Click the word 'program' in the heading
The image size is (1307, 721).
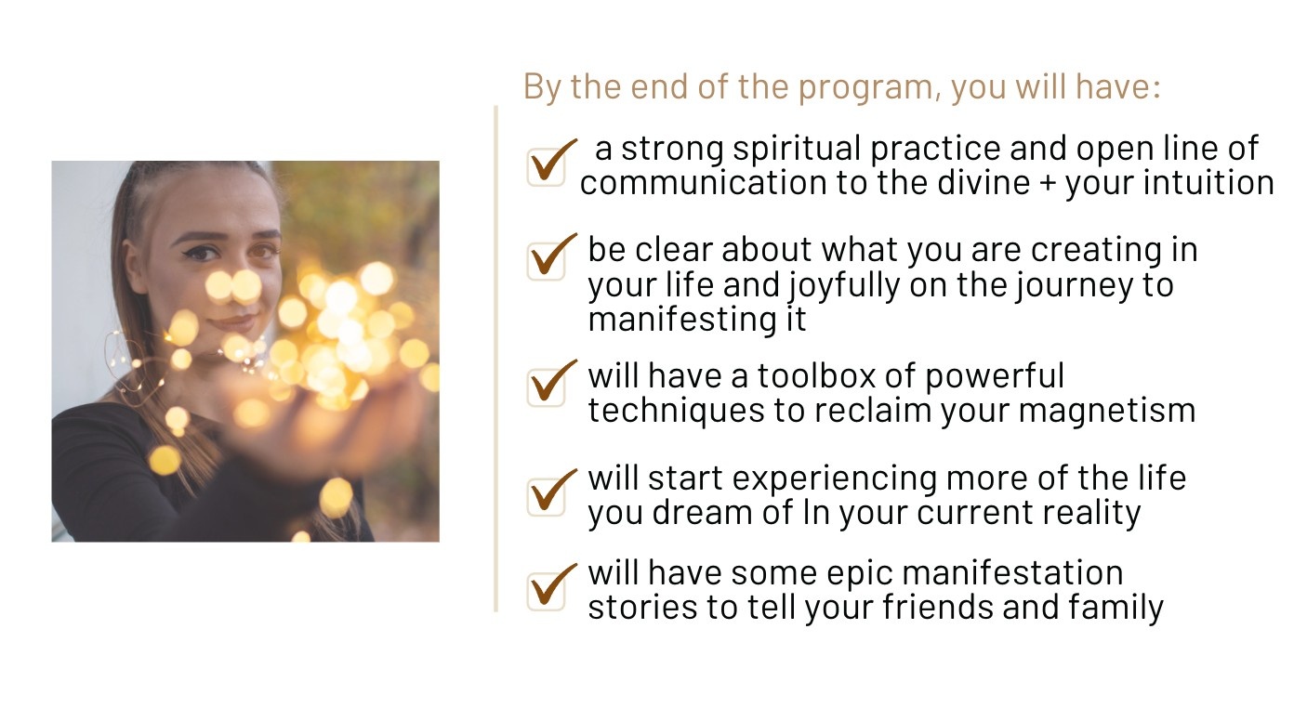point(869,87)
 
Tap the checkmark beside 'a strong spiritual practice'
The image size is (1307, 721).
point(551,161)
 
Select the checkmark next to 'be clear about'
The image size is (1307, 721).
point(551,256)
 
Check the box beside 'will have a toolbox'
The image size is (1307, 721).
point(551,382)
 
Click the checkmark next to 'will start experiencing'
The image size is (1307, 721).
point(551,492)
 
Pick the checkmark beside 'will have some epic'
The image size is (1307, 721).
point(551,586)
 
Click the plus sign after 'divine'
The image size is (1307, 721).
point(1048,183)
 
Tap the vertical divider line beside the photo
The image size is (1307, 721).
point(496,358)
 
